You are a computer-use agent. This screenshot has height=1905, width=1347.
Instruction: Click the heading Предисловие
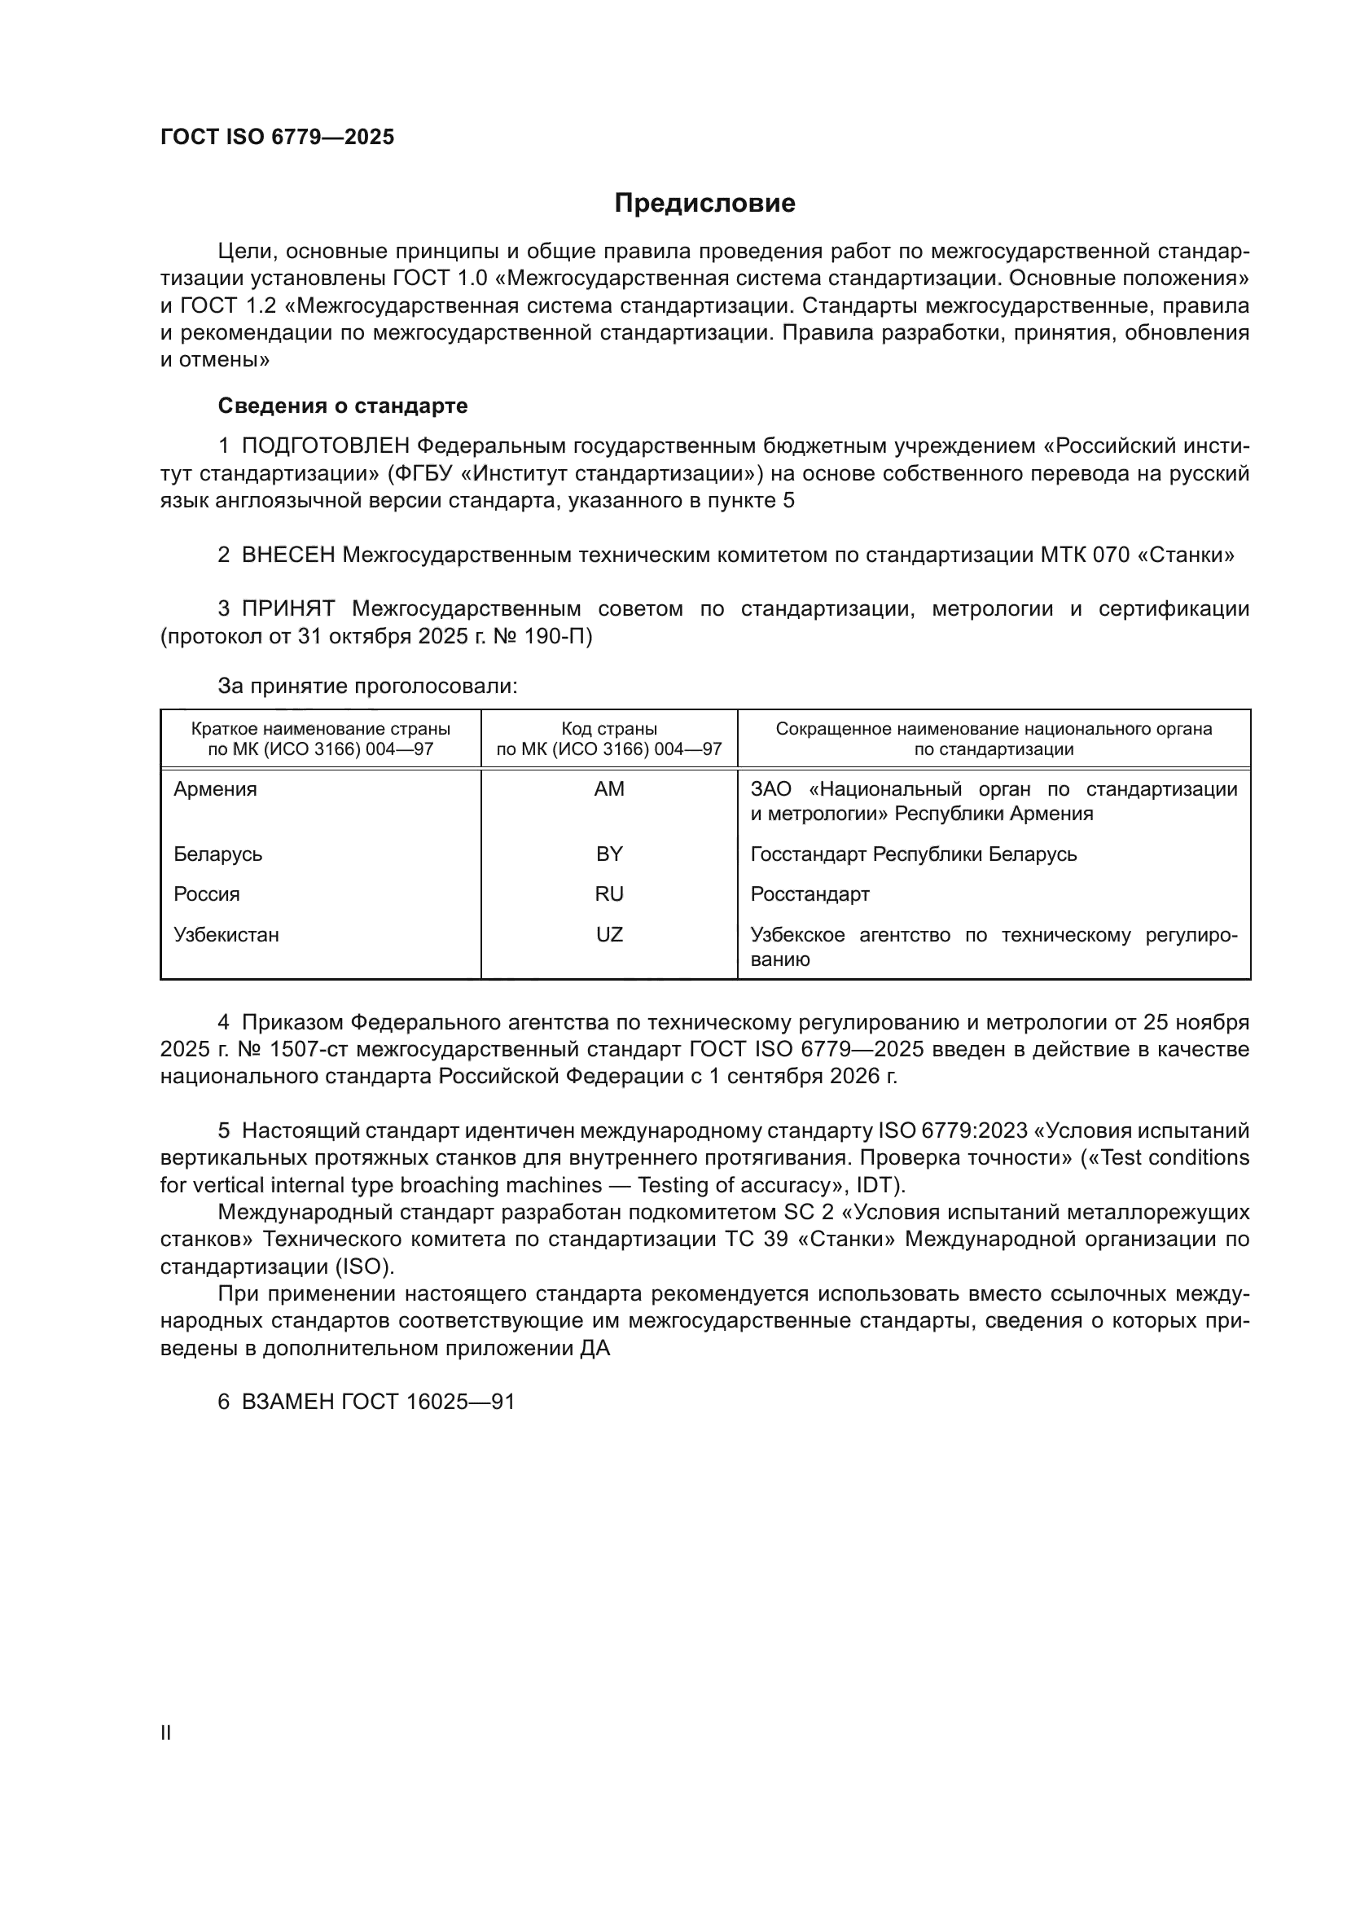tap(704, 204)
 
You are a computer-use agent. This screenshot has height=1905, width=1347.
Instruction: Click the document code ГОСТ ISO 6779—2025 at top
tap(277, 138)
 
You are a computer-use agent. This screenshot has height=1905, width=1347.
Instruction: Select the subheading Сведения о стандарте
tap(343, 406)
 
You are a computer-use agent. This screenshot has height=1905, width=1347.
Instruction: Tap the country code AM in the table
tap(609, 789)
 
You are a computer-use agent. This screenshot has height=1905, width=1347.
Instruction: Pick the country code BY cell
tap(609, 854)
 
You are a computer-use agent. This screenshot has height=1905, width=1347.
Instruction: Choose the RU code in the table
tap(609, 894)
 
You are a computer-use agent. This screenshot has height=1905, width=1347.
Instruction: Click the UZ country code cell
tap(609, 935)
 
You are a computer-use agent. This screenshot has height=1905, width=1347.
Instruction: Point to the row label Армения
tap(215, 789)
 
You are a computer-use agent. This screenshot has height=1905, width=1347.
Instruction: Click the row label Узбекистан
tap(226, 935)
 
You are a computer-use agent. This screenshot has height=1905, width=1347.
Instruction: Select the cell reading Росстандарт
tap(810, 894)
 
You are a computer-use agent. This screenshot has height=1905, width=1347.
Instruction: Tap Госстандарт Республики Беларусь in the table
tap(913, 854)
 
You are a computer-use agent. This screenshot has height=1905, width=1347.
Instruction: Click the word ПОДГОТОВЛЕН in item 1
tap(326, 446)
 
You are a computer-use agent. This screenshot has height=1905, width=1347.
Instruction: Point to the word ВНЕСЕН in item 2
tap(287, 555)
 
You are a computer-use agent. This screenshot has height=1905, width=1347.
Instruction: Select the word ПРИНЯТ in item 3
tap(287, 609)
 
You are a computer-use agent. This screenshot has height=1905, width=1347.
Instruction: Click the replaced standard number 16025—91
tap(460, 1402)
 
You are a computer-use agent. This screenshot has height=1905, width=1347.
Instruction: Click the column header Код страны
tap(609, 728)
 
